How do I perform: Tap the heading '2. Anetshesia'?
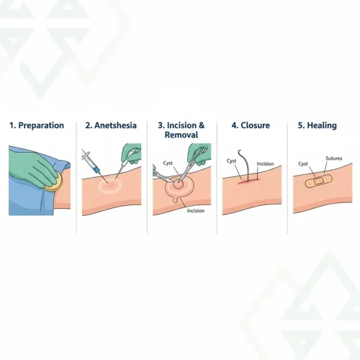(110, 125)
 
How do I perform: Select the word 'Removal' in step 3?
(181, 135)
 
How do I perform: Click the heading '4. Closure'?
(250, 125)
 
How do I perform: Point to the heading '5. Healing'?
(320, 125)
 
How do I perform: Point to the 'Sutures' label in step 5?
(333, 158)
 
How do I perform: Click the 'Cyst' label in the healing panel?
(303, 164)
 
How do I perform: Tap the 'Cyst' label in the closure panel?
(232, 160)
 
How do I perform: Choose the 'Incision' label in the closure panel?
(265, 164)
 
